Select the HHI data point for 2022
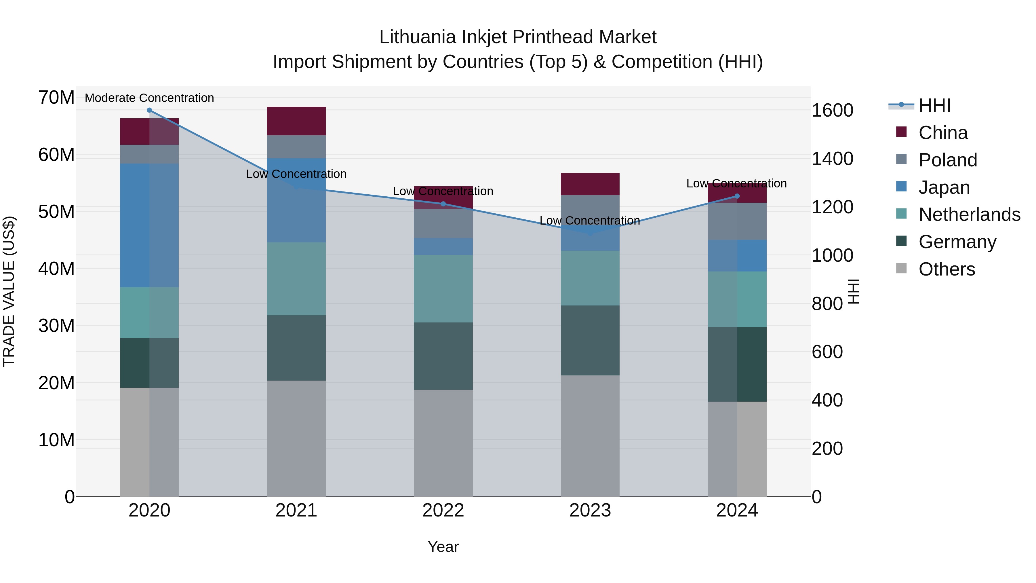pos(443,204)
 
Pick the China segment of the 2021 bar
pos(296,121)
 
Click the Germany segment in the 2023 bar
pos(590,340)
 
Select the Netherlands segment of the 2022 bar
pos(443,288)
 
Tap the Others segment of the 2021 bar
pos(296,438)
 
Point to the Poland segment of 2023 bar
pos(590,209)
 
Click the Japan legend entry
pos(944,187)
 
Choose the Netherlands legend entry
pos(969,214)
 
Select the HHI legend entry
pos(934,105)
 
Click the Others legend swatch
pos(901,268)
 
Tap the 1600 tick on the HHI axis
pos(832,110)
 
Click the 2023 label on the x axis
pos(590,510)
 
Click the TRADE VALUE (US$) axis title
pos(9,291)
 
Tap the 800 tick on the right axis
pos(827,304)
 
